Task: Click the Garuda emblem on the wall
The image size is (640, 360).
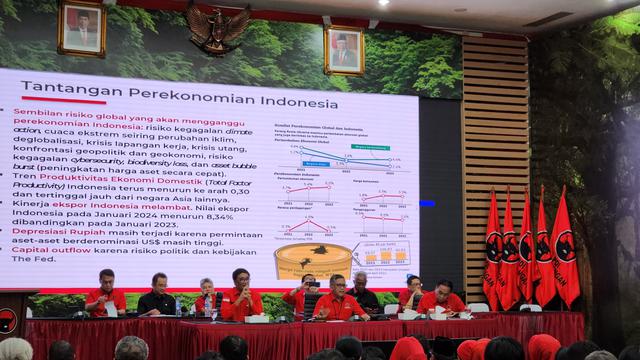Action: [x=218, y=28]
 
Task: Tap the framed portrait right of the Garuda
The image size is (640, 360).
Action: [x=344, y=49]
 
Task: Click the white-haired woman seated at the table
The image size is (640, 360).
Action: [x=206, y=296]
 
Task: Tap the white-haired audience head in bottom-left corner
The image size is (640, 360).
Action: [x=14, y=349]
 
